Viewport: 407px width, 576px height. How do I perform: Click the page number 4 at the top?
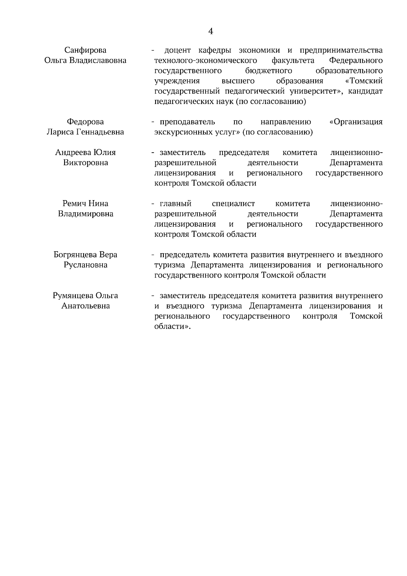coord(210,32)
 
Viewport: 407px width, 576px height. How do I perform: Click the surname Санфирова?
coord(85,50)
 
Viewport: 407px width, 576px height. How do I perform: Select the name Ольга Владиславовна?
coord(85,60)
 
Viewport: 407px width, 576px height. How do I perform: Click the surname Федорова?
coord(85,122)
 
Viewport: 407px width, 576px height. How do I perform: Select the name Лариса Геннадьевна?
coord(85,132)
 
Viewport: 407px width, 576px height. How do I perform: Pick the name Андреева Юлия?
coord(85,152)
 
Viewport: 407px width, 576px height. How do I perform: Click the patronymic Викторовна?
coord(85,162)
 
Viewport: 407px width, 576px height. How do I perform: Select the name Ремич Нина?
coord(85,204)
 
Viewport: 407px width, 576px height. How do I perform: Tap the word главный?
coord(175,204)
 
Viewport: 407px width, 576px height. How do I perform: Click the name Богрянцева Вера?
coord(85,255)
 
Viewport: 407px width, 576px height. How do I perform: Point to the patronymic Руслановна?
coord(85,265)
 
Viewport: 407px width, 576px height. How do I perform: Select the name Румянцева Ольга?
coord(85,295)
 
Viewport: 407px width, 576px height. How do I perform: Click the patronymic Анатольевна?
coord(85,306)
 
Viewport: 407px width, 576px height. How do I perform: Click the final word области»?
coord(172,327)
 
